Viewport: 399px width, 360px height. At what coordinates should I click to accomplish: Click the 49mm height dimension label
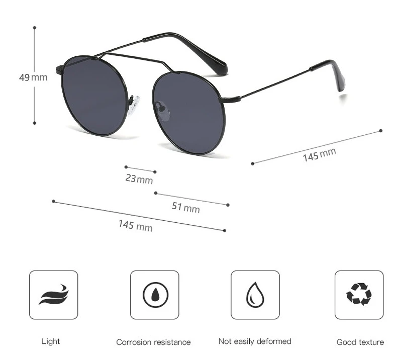click(33, 77)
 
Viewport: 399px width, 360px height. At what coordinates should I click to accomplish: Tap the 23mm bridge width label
click(139, 178)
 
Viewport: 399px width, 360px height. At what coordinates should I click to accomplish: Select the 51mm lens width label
click(185, 207)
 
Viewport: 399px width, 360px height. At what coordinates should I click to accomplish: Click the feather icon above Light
click(53, 295)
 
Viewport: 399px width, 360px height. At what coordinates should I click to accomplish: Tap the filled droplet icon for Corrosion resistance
click(154, 295)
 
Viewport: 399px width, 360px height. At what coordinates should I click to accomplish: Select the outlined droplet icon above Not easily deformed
click(255, 295)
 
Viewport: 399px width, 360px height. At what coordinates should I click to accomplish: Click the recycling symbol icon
click(359, 294)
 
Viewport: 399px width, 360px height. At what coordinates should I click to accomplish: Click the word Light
click(50, 341)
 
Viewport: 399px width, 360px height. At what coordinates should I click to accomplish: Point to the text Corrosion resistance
click(153, 342)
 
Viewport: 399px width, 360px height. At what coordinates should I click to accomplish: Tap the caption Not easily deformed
click(255, 341)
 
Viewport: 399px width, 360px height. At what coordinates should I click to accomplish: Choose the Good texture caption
click(360, 342)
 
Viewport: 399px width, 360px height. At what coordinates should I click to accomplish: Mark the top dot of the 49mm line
click(35, 28)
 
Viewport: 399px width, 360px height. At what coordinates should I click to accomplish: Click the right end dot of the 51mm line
click(228, 205)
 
